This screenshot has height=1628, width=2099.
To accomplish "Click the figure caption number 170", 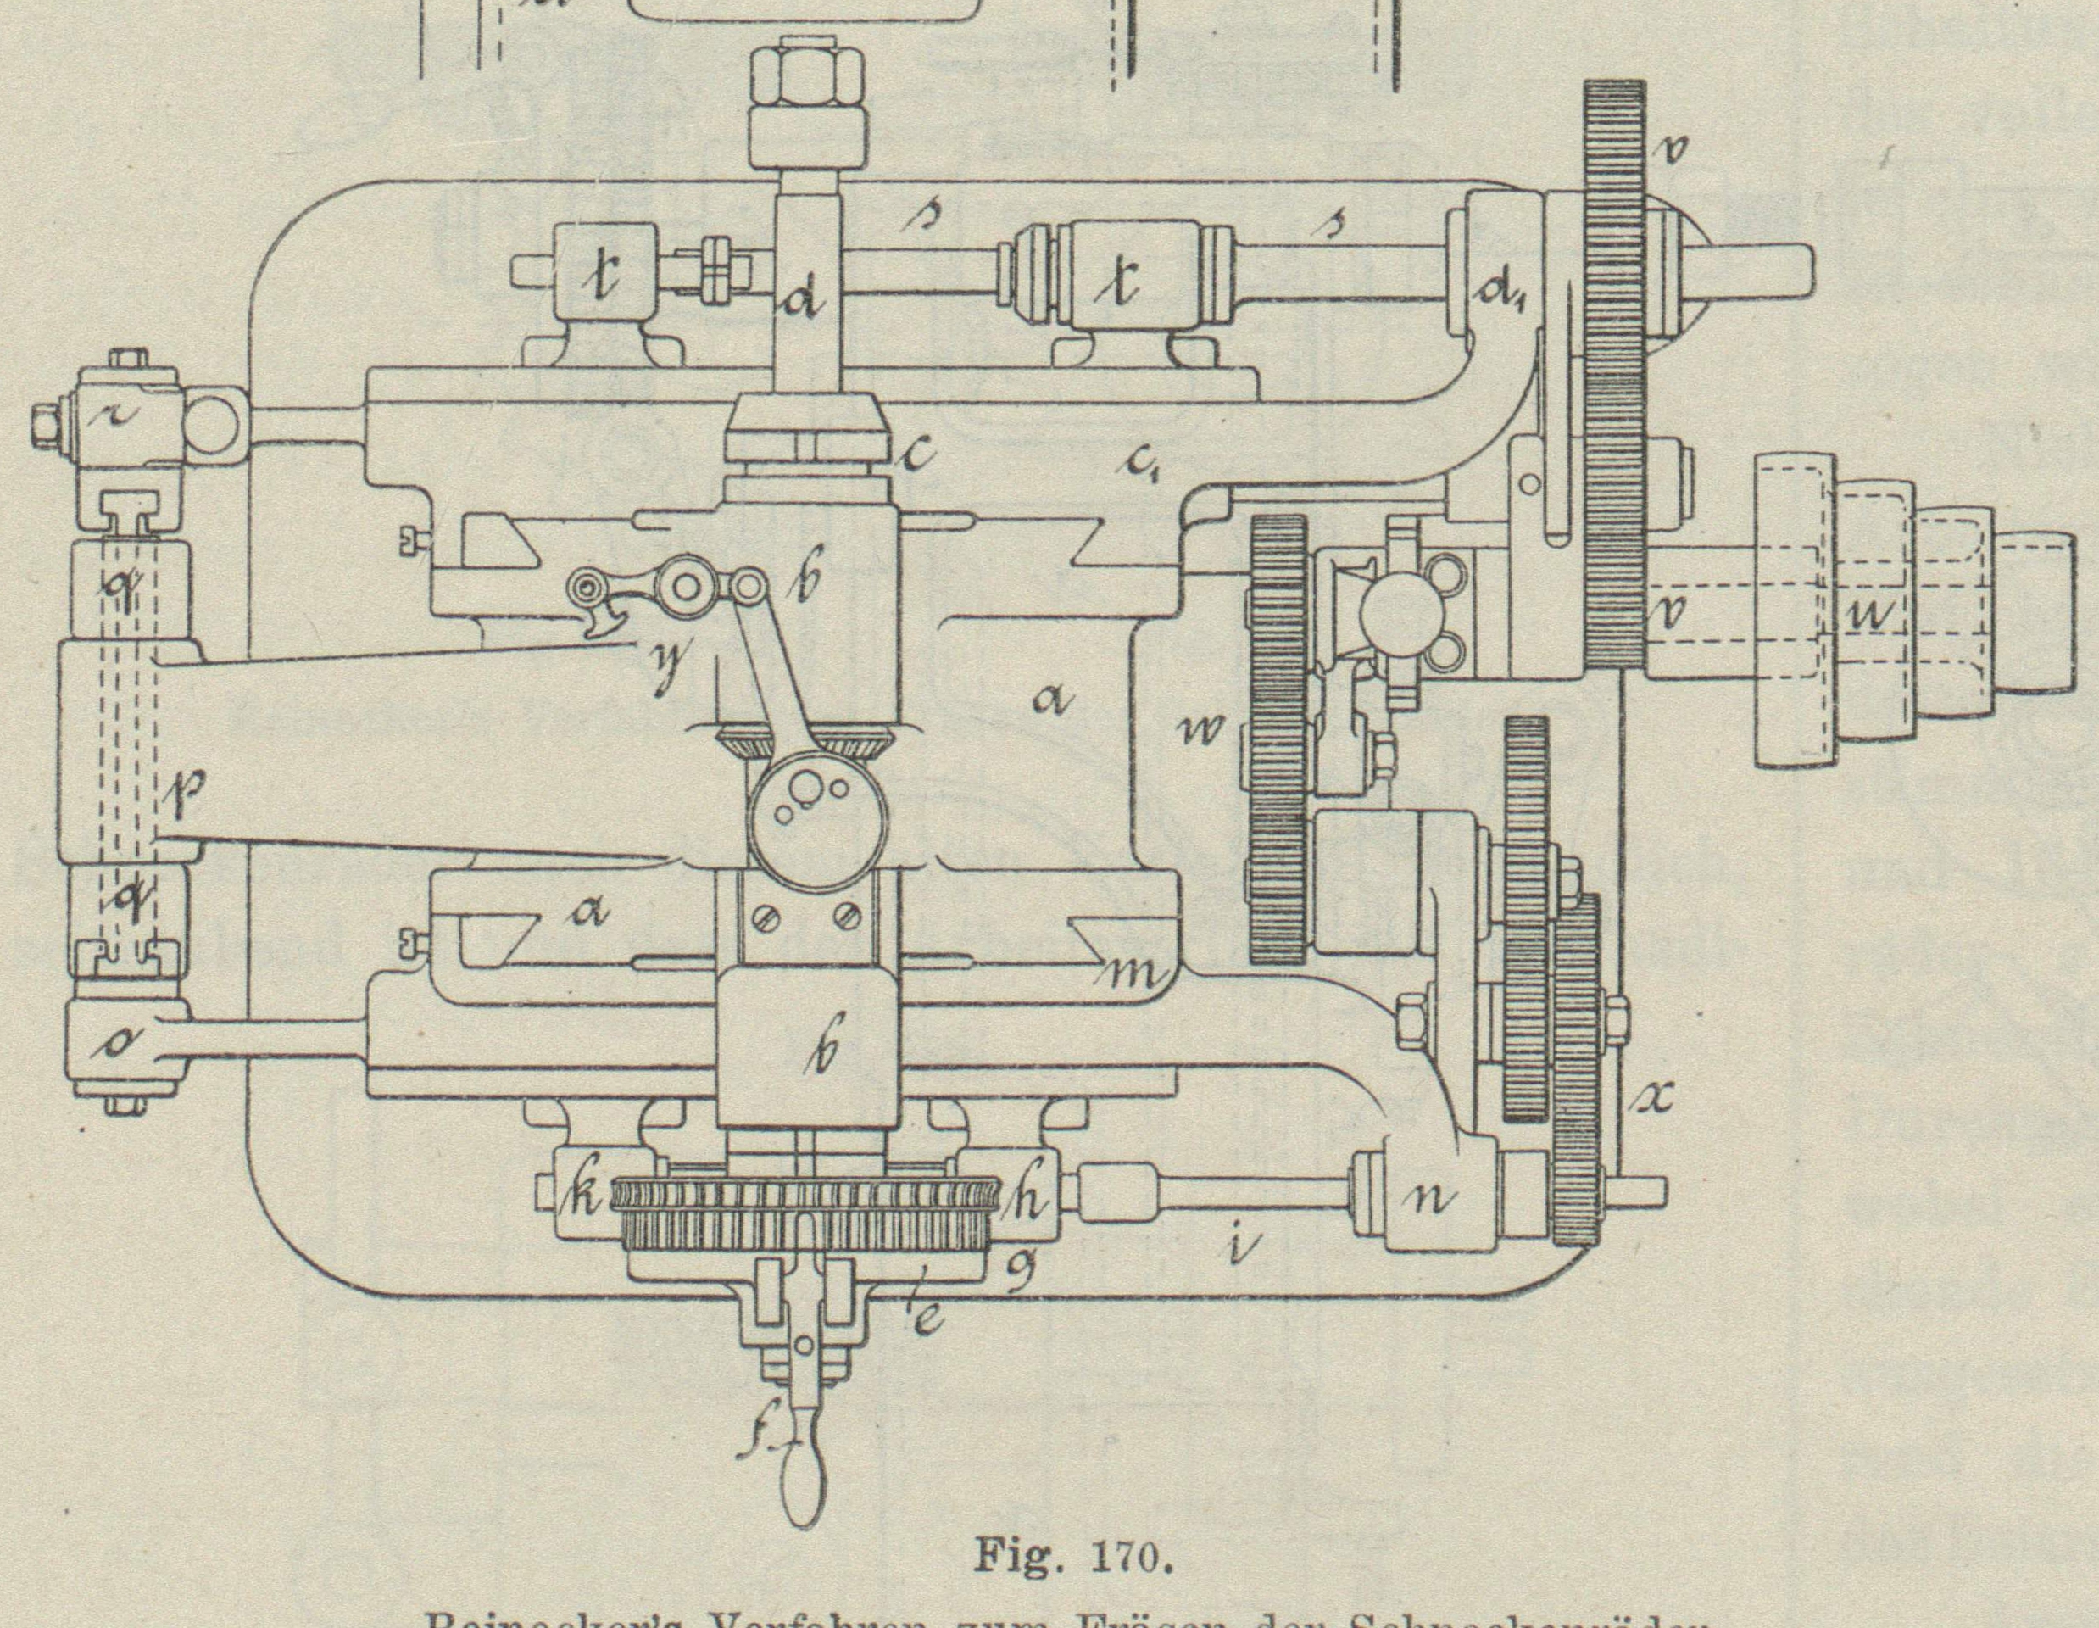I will point(1130,1555).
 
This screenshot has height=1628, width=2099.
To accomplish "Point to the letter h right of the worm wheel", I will point(1030,1201).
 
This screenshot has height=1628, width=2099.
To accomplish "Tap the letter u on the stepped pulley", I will point(1859,618).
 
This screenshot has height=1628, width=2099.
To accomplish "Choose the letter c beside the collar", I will point(918,453).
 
